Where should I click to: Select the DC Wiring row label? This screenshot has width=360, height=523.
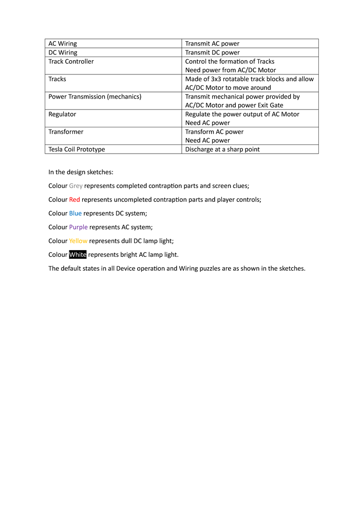pyautogui.click(x=63, y=52)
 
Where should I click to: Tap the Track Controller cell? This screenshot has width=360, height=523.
pyautogui.click(x=71, y=61)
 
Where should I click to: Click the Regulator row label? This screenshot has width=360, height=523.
pyautogui.click(x=62, y=114)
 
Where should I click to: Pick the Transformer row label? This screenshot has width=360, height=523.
pyautogui.click(x=66, y=132)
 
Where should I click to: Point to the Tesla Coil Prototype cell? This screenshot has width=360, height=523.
pyautogui.click(x=77, y=149)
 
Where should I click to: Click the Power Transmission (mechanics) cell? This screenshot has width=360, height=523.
pyautogui.click(x=94, y=97)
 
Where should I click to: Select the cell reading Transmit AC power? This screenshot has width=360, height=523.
pyautogui.click(x=212, y=44)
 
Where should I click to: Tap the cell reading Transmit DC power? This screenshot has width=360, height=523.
pyautogui.click(x=212, y=52)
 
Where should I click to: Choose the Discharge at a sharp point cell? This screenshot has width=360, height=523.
pyautogui.click(x=222, y=149)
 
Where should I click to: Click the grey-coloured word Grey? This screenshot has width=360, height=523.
pyautogui.click(x=76, y=185)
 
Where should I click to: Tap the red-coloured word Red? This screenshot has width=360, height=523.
pyautogui.click(x=74, y=199)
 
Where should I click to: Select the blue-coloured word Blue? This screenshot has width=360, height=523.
pyautogui.click(x=75, y=213)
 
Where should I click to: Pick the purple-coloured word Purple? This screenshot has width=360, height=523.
pyautogui.click(x=79, y=227)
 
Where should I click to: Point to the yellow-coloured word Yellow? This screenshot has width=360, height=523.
pyautogui.click(x=78, y=240)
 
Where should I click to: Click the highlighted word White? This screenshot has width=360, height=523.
pyautogui.click(x=78, y=254)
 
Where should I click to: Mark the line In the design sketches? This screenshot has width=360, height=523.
pyautogui.click(x=81, y=172)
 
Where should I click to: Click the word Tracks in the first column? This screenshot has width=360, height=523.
pyautogui.click(x=57, y=79)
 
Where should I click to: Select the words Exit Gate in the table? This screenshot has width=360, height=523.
pyautogui.click(x=270, y=105)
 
